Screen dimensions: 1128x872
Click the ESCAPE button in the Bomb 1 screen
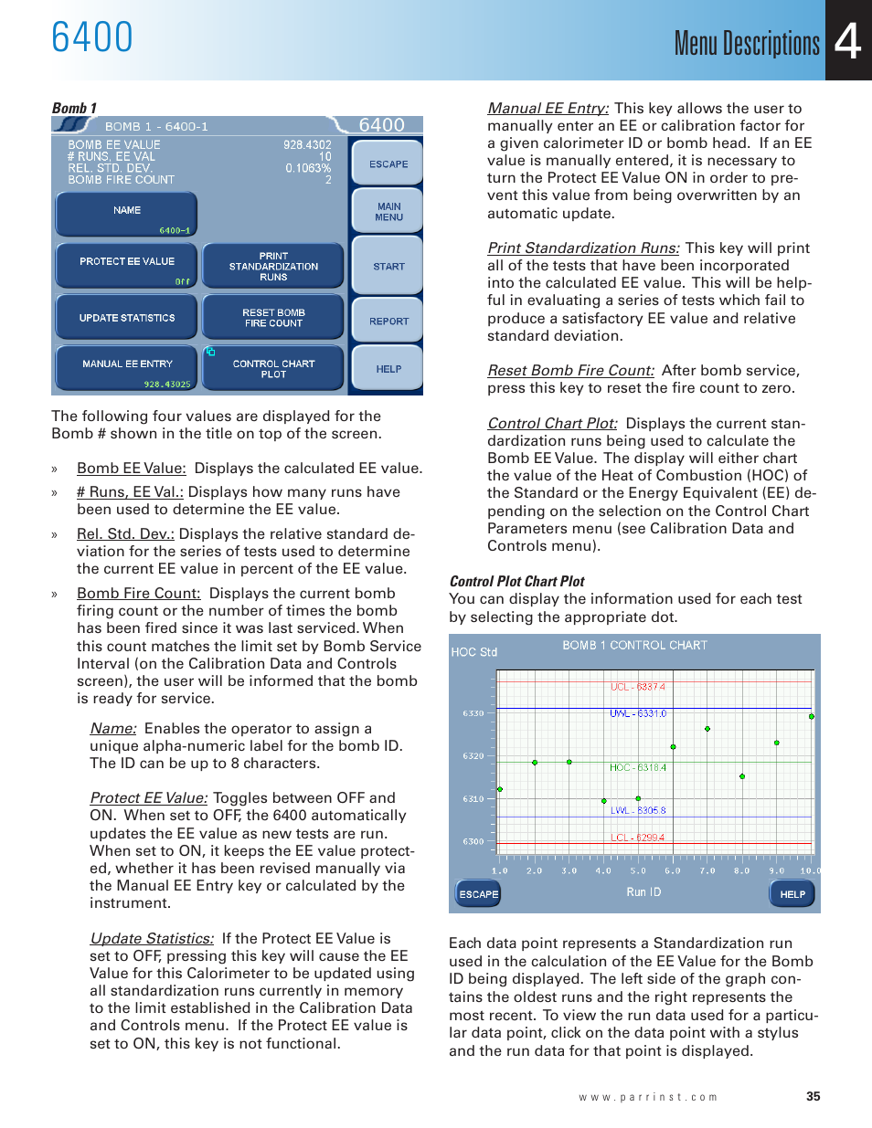[388, 164]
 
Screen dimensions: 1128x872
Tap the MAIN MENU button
[388, 212]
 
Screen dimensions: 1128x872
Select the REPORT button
[388, 322]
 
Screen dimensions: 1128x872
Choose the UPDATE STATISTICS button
[127, 318]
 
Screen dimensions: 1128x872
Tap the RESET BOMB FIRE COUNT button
[273, 318]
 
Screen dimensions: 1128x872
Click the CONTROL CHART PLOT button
[273, 369]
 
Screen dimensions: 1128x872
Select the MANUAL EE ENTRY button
[127, 367]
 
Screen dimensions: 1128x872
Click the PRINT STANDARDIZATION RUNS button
[273, 267]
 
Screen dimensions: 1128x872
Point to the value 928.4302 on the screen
[307, 145]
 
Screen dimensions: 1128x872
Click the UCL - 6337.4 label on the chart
[638, 687]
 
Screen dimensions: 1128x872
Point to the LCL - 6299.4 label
[638, 838]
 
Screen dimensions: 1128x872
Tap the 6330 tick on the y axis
[473, 713]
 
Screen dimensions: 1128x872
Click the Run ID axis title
[643, 892]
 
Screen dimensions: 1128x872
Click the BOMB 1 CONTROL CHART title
[634, 646]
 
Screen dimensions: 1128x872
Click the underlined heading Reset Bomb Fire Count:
[570, 371]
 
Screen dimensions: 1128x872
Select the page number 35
[813, 1097]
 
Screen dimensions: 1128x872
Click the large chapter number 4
[848, 41]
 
